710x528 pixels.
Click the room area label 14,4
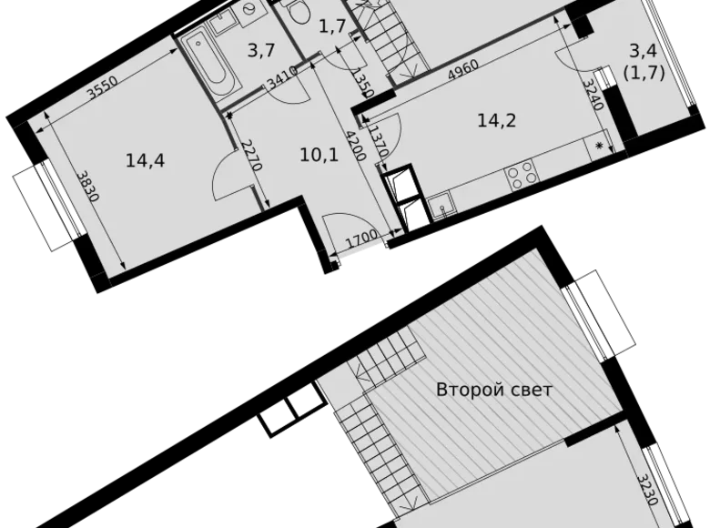146,161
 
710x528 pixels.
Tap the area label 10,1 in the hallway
318,155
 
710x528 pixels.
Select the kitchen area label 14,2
497,118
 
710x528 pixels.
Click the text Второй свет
494,390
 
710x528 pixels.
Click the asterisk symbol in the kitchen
599,145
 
